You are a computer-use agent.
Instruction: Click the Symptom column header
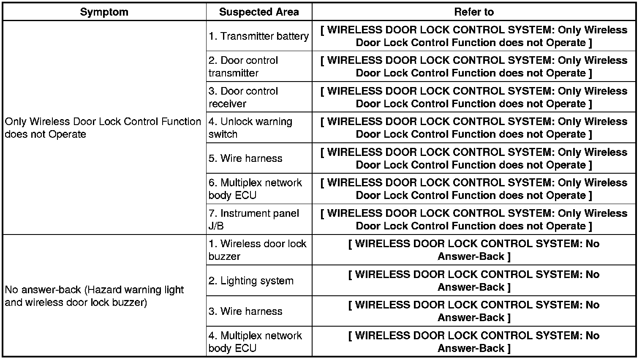pyautogui.click(x=104, y=12)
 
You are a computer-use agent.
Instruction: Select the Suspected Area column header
pyautogui.click(x=258, y=12)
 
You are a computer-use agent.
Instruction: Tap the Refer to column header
pyautogui.click(x=473, y=12)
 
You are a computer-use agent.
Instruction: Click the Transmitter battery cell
pyautogui.click(x=258, y=36)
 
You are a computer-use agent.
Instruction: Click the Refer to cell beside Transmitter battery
pyautogui.click(x=473, y=36)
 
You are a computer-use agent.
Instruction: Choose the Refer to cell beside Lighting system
pyautogui.click(x=473, y=281)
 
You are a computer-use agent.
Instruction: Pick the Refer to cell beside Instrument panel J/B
pyautogui.click(x=473, y=219)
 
